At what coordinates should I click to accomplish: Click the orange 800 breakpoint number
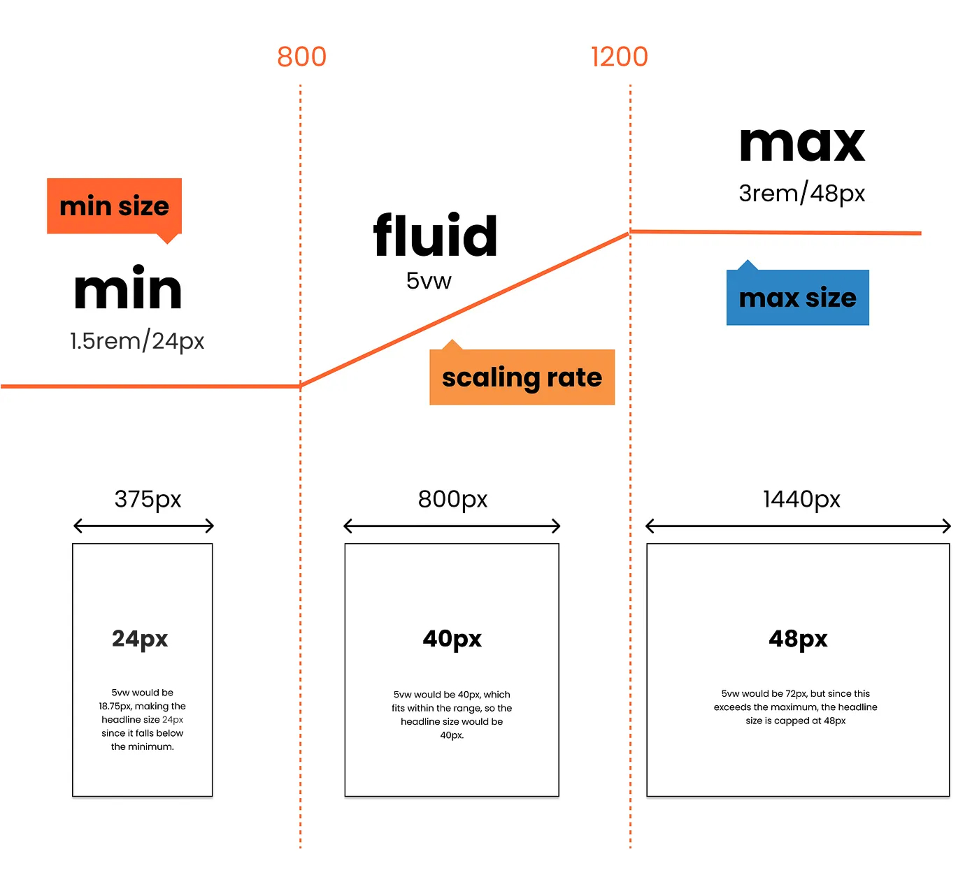pos(301,57)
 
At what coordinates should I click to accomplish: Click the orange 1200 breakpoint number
pos(620,57)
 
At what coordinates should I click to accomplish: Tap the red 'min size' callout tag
pos(115,206)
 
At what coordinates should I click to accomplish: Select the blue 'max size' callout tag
pos(798,298)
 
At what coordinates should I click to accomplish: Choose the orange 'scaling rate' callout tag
pos(522,377)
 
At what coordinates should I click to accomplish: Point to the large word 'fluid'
pos(436,236)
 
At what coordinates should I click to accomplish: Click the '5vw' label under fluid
pos(429,281)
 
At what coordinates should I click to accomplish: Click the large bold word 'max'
pos(802,145)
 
